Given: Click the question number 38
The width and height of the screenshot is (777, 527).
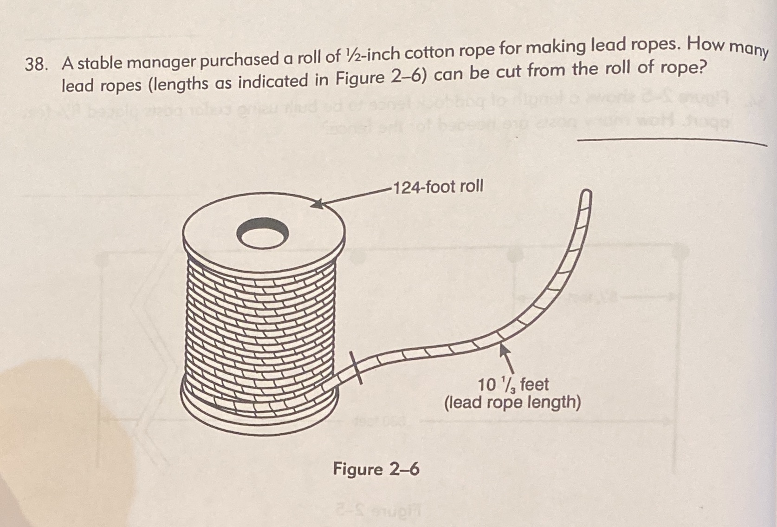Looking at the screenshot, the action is click(34, 65).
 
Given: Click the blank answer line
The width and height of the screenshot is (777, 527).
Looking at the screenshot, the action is click(671, 142).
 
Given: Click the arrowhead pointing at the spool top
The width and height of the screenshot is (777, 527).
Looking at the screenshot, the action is click(317, 204).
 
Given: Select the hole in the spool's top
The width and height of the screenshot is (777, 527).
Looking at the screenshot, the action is click(262, 233).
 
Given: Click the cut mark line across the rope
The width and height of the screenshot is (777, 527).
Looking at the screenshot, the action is click(356, 368).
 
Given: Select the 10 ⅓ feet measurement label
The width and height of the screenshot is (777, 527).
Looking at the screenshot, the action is click(513, 385).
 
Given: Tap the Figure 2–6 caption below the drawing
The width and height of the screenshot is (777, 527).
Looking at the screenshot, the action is click(376, 469).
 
